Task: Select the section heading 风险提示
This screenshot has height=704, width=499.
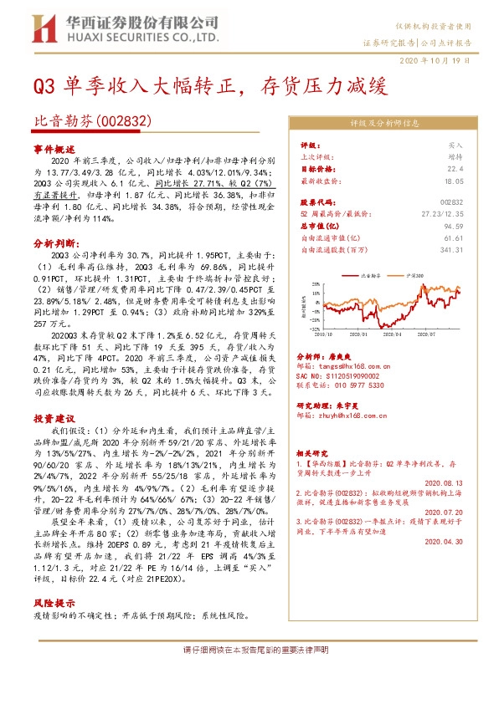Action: click(x=55, y=601)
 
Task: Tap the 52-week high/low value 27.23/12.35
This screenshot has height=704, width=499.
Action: click(x=441, y=214)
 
